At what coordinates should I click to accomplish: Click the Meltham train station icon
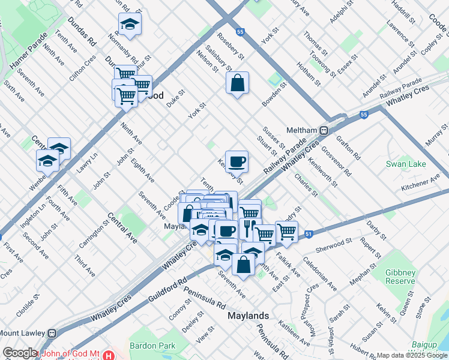click(324, 130)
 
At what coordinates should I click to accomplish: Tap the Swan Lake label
click(405, 164)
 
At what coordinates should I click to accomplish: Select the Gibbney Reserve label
click(400, 277)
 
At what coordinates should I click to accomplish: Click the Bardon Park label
click(152, 346)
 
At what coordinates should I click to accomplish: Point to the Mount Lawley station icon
click(52, 333)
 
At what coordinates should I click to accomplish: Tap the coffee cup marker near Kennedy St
click(237, 160)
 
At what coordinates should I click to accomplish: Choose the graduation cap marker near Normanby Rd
click(129, 24)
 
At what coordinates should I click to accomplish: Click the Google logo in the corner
click(20, 353)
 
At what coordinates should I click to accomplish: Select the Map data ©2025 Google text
click(411, 355)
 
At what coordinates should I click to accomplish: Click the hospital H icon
click(108, 355)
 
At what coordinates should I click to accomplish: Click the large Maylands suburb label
click(248, 316)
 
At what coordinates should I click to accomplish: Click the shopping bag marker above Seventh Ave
click(244, 264)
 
